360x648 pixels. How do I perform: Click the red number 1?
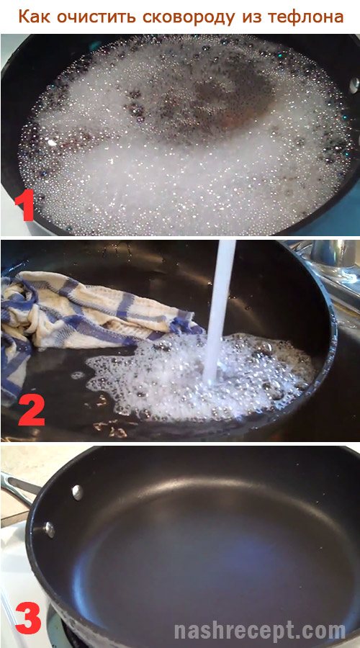[x=24, y=206]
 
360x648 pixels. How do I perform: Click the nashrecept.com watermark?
[x=260, y=631]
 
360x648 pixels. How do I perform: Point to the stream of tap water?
[x=218, y=310]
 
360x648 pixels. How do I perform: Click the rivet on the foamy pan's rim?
[x=354, y=85]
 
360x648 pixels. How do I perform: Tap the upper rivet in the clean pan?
[x=77, y=492]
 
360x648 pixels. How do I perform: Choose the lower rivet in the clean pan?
[x=50, y=529]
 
